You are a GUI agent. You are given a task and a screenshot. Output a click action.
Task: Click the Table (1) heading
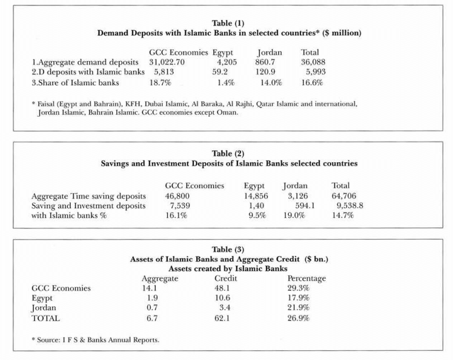click(228, 23)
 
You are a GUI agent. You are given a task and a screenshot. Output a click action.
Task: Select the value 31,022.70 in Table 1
click(167, 62)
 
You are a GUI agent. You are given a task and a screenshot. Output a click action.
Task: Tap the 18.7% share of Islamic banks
click(160, 83)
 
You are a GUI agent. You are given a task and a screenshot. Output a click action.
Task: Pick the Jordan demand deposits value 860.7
click(265, 62)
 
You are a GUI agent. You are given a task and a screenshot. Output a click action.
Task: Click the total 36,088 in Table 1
click(313, 62)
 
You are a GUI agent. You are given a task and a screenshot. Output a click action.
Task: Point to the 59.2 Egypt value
click(220, 72)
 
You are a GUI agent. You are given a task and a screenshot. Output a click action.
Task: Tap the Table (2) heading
click(228, 153)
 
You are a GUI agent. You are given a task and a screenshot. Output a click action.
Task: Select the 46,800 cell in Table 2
click(177, 196)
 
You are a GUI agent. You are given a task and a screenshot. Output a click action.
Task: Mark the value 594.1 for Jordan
click(305, 206)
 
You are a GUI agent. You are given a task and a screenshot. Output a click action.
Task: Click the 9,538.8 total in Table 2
click(350, 206)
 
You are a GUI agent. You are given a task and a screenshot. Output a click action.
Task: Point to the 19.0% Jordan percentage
click(294, 215)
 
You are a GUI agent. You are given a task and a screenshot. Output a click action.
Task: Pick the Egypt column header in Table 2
click(254, 186)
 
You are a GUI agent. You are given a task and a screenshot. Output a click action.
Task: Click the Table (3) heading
click(228, 249)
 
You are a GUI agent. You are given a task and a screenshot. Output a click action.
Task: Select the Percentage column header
click(306, 278)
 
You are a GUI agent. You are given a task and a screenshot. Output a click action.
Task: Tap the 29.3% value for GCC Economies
click(298, 288)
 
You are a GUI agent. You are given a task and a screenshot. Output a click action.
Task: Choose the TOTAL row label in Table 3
click(45, 318)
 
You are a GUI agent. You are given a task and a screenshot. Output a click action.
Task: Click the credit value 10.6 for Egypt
click(222, 298)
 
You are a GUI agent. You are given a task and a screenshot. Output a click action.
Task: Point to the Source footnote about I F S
click(96, 340)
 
